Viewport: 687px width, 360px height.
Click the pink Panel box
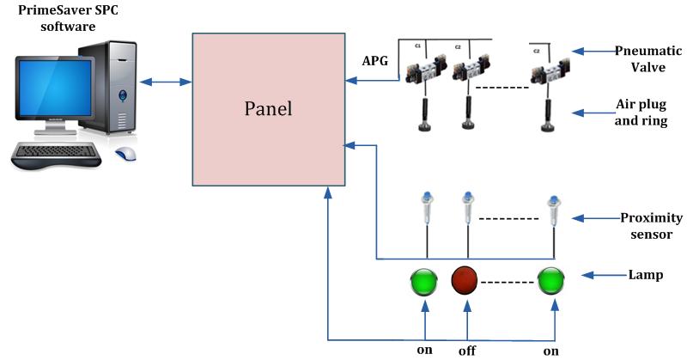(x=268, y=109)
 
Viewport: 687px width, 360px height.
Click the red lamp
(x=466, y=281)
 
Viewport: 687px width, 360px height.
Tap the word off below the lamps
(x=466, y=351)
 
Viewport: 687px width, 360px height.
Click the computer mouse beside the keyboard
(x=126, y=155)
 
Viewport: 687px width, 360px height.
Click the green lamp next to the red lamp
(x=424, y=281)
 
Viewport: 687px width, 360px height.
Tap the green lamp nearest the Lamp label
(x=550, y=281)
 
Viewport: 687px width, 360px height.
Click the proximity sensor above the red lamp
(x=466, y=210)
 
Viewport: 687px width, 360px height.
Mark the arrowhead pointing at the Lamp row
(x=587, y=275)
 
